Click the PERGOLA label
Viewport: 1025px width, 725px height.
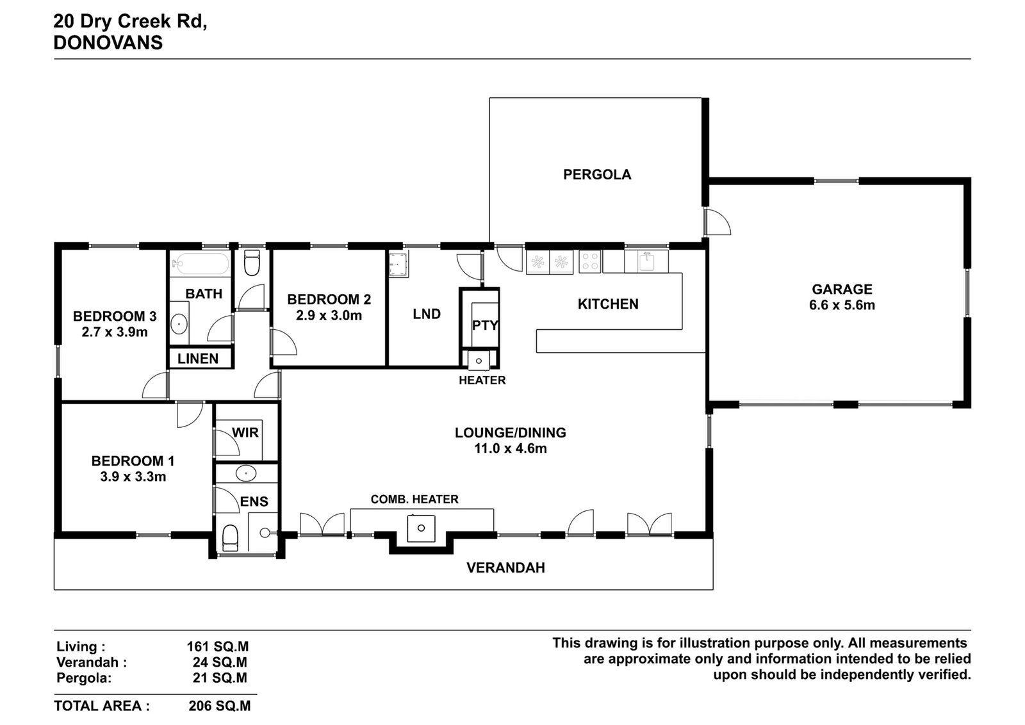[597, 175]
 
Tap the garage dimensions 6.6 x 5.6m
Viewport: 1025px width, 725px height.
[842, 305]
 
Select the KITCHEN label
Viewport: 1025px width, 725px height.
[608, 304]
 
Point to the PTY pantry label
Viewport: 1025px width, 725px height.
[485, 325]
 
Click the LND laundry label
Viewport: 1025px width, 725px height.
[427, 314]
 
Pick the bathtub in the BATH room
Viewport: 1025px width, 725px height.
[200, 263]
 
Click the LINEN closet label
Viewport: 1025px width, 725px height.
[198, 359]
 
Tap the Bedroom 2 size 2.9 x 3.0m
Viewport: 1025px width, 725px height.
[329, 316]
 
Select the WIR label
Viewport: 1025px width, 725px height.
[245, 432]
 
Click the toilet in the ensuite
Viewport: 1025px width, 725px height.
[230, 538]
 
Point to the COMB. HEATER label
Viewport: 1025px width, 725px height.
[414, 499]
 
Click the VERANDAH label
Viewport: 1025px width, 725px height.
[505, 567]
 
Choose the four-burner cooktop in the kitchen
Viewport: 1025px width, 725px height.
[590, 262]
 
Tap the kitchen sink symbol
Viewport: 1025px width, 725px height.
[646, 262]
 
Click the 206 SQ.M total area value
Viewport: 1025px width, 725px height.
[220, 706]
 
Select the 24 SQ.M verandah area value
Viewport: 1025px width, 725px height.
[220, 662]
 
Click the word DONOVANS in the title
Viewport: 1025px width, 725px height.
[108, 42]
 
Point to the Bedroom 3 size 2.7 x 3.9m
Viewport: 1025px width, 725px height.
[115, 332]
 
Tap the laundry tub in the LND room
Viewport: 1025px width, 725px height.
[398, 264]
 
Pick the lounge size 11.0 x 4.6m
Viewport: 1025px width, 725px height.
[511, 448]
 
